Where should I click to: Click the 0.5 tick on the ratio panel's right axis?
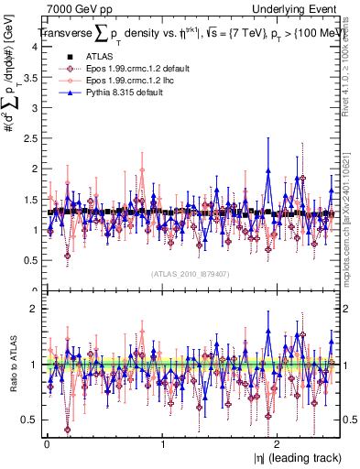[x=350, y=420]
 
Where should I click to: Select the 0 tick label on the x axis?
[x=47, y=444]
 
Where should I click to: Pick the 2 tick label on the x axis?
[x=278, y=444]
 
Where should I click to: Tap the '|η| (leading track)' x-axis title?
[x=293, y=458]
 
